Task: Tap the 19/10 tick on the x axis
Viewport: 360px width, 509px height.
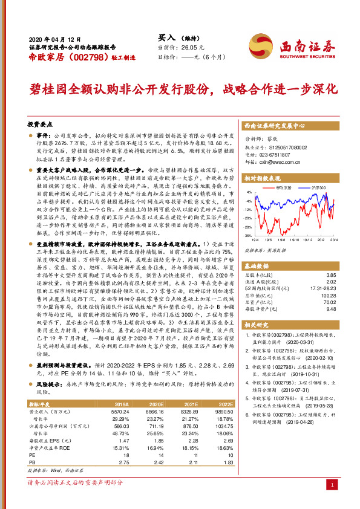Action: coord(290,240)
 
